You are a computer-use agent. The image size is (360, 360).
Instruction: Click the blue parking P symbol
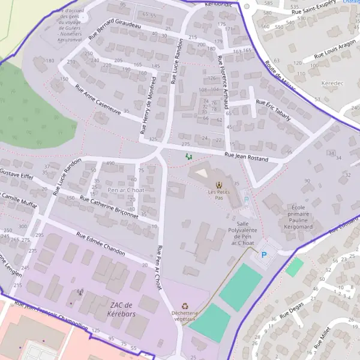click(x=263, y=255)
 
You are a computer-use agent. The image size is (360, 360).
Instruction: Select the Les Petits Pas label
click(x=219, y=194)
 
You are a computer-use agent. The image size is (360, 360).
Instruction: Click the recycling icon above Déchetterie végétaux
click(x=185, y=306)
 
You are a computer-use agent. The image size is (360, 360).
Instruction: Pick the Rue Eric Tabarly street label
click(x=273, y=110)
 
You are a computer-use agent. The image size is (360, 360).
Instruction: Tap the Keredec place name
click(x=330, y=82)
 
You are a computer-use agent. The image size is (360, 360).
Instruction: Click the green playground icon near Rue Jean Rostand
click(x=189, y=157)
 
